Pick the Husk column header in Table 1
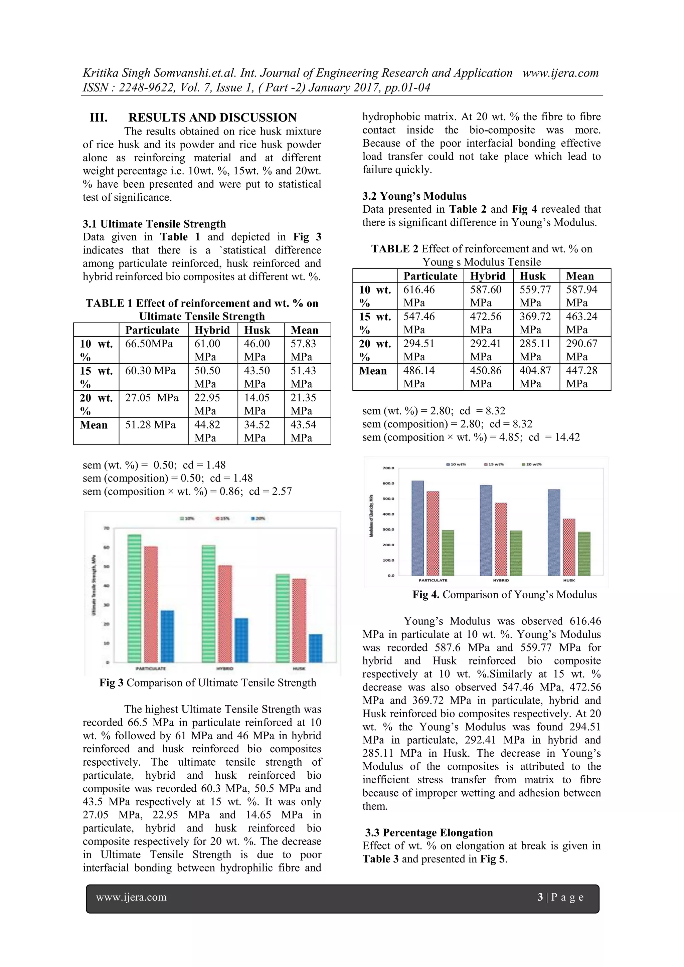257,330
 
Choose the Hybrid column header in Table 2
487,276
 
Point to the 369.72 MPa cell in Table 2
535,323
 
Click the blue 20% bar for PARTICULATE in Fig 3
167,636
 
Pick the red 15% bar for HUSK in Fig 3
299,621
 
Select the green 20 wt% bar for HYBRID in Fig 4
516,553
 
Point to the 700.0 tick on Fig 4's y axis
388,468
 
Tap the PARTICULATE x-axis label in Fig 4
433,580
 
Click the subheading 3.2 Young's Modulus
414,196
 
